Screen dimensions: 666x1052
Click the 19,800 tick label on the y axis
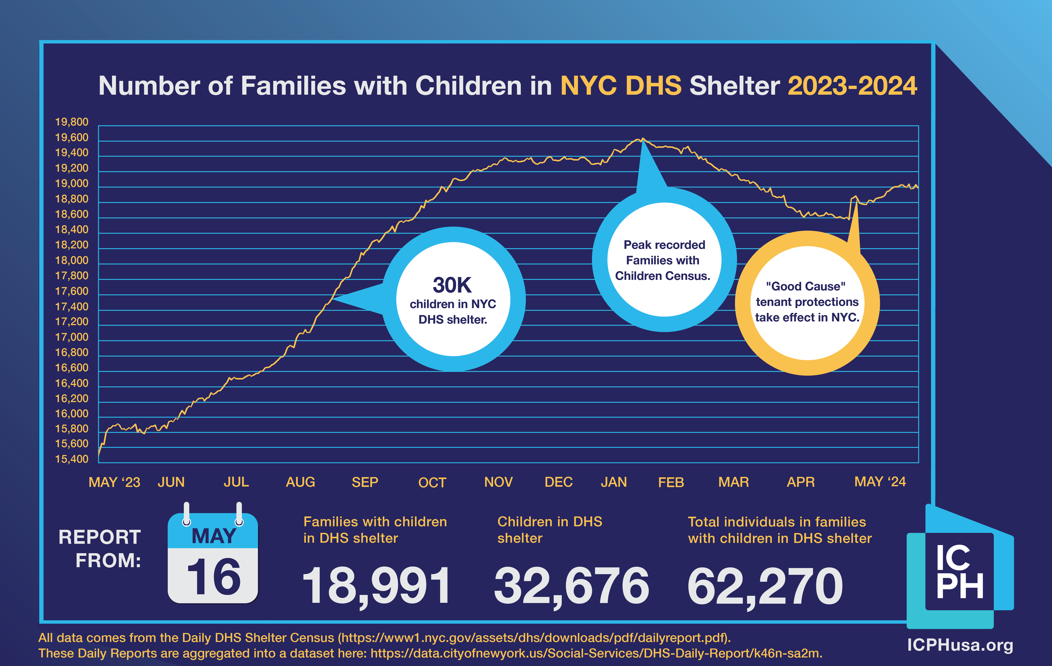click(x=72, y=122)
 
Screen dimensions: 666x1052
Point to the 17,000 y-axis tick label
click(x=72, y=337)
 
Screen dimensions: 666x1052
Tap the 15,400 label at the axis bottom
click(x=72, y=459)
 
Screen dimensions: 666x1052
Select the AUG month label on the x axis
click(x=300, y=482)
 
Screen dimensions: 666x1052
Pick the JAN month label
click(x=613, y=482)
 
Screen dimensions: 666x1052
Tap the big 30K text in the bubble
click(x=452, y=285)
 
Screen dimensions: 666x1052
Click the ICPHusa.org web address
click(x=960, y=645)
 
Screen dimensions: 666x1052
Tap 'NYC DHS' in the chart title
click(x=620, y=85)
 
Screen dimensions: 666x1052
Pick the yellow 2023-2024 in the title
click(x=852, y=85)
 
